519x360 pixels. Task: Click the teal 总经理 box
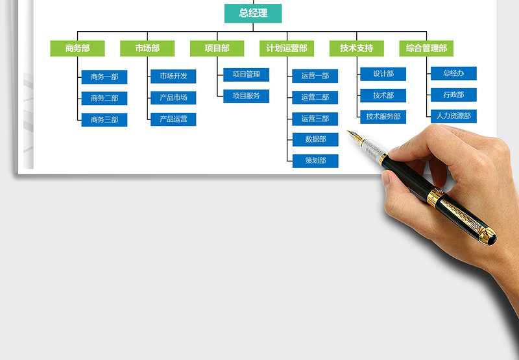coord(253,13)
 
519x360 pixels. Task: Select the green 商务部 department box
coord(77,48)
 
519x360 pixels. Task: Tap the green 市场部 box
coord(147,48)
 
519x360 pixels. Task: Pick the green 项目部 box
coord(217,48)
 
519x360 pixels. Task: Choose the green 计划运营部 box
coord(287,48)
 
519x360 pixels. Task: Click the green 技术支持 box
coord(356,48)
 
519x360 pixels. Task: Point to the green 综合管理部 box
coord(426,48)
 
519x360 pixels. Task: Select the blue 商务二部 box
coord(104,99)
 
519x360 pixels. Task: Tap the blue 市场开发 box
coord(173,76)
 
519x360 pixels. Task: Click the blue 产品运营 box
coord(173,119)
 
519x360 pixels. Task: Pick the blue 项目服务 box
coord(247,96)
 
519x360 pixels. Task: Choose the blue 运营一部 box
coord(315,76)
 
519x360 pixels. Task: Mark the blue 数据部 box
coord(315,139)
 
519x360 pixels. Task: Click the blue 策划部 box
coord(315,161)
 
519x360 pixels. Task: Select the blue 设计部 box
coord(383,74)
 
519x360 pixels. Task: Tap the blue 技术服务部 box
coord(383,117)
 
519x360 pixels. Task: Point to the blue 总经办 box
coord(453,73)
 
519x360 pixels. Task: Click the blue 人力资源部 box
coord(453,116)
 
